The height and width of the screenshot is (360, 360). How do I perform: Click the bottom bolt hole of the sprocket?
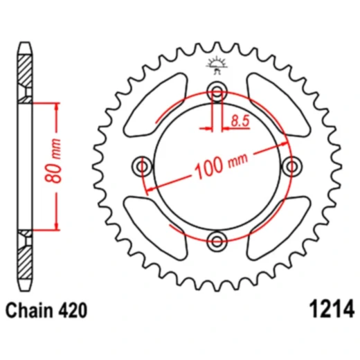click(218, 240)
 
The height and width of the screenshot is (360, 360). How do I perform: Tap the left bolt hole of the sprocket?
click(144, 166)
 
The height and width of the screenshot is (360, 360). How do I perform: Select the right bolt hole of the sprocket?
click(293, 166)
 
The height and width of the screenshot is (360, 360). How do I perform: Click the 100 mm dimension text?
click(220, 165)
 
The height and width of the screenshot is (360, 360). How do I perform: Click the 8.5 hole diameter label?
click(240, 122)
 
